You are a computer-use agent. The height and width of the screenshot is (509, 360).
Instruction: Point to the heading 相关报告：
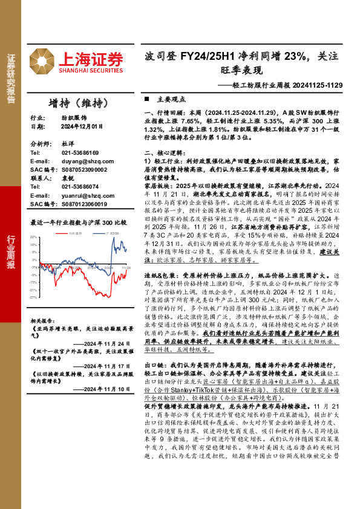(x=43, y=321)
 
